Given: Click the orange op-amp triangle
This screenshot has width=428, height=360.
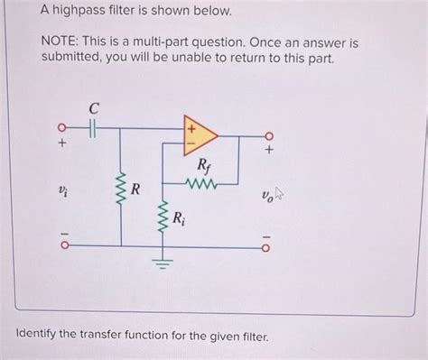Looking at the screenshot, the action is pyautogui.click(x=199, y=133).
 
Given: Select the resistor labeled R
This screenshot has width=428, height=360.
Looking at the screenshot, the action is pyautogui.click(x=120, y=190).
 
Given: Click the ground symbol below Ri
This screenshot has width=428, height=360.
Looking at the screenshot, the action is pyautogui.click(x=163, y=262).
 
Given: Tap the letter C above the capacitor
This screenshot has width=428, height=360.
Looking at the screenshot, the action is pyautogui.click(x=93, y=108).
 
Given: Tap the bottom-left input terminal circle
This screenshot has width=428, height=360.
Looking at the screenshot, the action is pyautogui.click(x=62, y=245).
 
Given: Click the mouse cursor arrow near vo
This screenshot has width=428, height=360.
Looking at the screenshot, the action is pyautogui.click(x=279, y=192).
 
